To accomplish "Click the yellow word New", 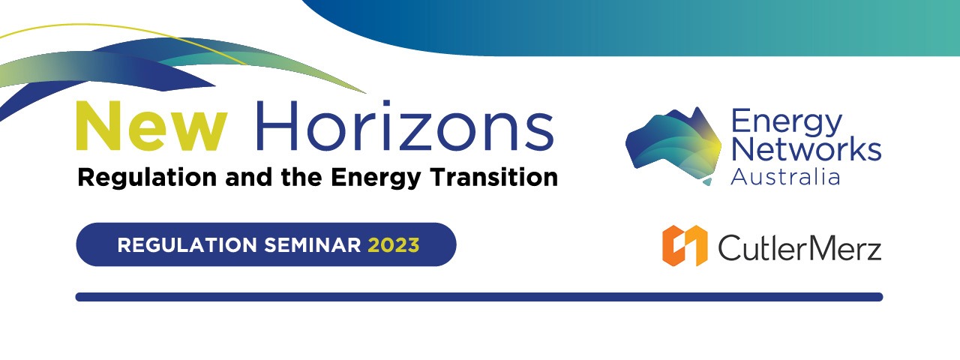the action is coord(151,126).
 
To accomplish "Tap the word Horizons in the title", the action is coord(404,125).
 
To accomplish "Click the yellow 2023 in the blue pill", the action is coord(394,245).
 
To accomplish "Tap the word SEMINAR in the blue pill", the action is coord(313,245).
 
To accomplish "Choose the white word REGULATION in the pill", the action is coord(187,245).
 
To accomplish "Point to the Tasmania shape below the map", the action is coord(707,181).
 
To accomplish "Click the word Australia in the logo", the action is coord(784,176).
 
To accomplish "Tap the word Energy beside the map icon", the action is coord(787,124).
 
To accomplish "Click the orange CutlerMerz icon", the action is coord(685,245).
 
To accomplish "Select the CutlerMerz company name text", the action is coord(799,247).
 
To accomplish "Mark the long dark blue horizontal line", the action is coord(479,297).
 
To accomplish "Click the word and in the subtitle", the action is coord(248,176).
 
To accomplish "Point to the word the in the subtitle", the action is coord(301,176).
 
